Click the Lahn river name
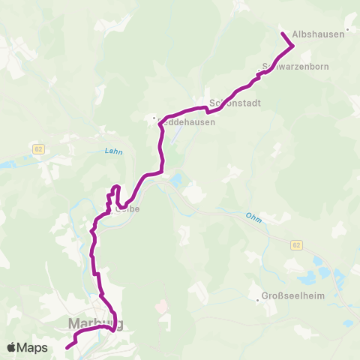pos(114,151)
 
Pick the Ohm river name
pos(253,216)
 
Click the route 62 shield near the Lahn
pos(39,149)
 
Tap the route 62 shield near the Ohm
pos(297,244)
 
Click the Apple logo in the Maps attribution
pos(11,347)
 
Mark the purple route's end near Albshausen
pos(283,34)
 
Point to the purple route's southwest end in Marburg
pos(67,347)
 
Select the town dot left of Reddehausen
pos(154,118)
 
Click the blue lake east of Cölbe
pos(177,180)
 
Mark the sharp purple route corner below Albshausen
pos(292,46)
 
